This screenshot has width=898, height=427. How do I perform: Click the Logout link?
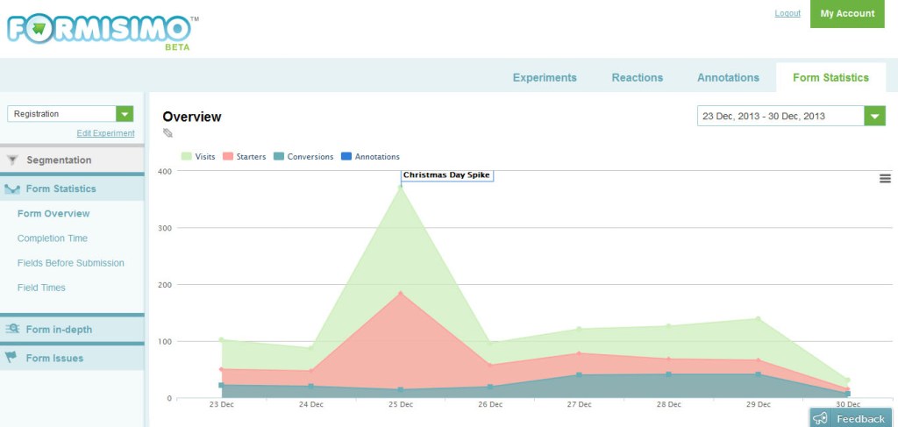(x=788, y=13)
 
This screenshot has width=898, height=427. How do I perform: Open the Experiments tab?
(x=545, y=77)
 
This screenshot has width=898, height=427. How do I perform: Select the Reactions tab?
(x=637, y=77)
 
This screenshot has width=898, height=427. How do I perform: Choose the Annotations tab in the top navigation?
(x=728, y=77)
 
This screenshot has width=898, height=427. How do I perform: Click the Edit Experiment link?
(x=105, y=133)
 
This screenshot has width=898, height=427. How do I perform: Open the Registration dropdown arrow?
(x=125, y=114)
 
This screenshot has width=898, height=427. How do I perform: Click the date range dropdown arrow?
(x=874, y=116)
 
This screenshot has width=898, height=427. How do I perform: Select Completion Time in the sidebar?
(x=53, y=238)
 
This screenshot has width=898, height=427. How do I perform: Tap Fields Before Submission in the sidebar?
(x=71, y=263)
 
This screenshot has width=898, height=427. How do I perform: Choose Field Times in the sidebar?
(x=41, y=288)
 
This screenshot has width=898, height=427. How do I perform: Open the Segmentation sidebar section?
(x=59, y=160)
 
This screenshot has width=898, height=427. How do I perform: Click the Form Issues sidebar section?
(x=54, y=358)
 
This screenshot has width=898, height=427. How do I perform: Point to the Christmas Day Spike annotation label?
(x=447, y=175)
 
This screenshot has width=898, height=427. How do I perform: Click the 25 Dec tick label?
(x=401, y=405)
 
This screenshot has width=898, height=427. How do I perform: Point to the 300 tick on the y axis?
(x=164, y=228)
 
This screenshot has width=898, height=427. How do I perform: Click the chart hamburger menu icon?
(x=885, y=179)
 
